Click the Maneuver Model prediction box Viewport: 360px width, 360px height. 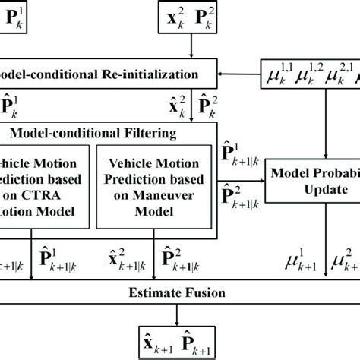coord(157,187)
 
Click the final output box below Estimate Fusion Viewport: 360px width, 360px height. coord(179,339)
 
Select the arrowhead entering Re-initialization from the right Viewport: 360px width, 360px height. coord(222,74)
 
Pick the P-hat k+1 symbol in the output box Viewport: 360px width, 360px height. coord(199,339)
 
